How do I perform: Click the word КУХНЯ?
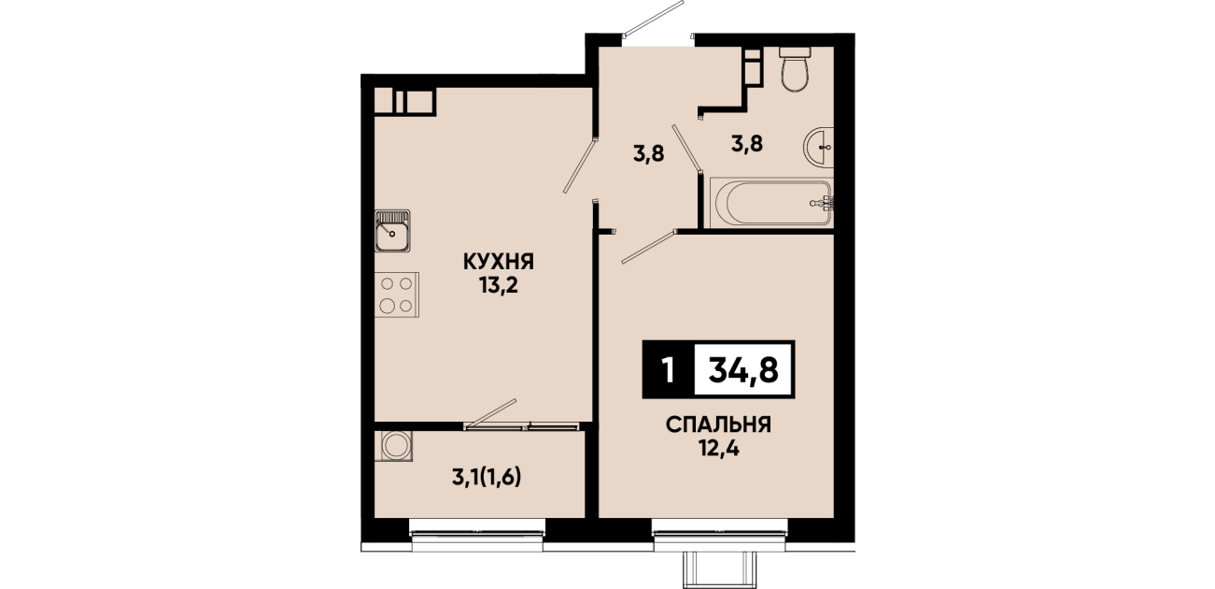tap(499, 262)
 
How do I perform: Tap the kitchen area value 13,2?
tap(499, 284)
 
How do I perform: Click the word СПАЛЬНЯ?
tap(718, 425)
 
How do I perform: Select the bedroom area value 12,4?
tap(718, 449)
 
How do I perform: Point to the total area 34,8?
tap(743, 370)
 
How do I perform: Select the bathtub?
tap(771, 203)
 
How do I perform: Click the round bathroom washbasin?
tap(818, 147)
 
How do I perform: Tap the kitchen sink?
tap(392, 231)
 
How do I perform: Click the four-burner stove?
tap(397, 294)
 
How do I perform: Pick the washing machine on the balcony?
tap(393, 446)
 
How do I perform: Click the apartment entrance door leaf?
tap(653, 19)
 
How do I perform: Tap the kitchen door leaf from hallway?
tap(580, 166)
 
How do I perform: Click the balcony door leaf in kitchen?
tap(491, 414)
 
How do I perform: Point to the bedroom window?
tap(719, 534)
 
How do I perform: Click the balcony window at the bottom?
tap(477, 534)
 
